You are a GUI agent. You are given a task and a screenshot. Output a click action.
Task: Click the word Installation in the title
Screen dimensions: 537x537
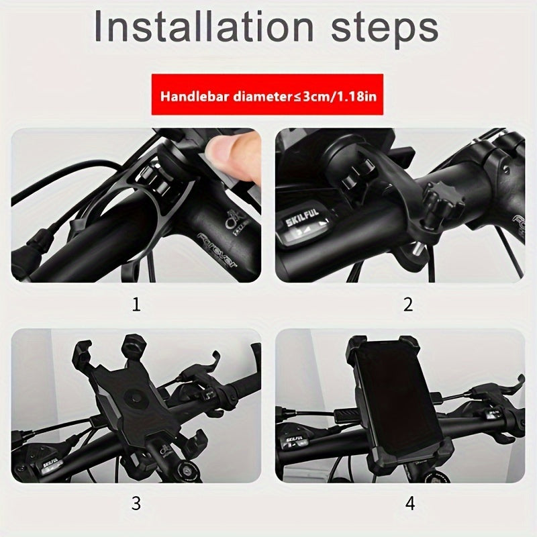coord(201,28)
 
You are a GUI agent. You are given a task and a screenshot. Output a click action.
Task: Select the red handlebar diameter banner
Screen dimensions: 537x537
coord(267,95)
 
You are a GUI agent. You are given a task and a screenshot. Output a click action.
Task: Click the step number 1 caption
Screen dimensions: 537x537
coord(136,305)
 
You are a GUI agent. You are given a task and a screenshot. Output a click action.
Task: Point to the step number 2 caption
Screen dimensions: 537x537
coord(407,305)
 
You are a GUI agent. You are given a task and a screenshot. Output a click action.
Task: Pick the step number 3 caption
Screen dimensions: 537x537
coord(136,503)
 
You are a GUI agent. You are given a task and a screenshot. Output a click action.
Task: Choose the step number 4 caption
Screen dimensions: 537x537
coord(409,503)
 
